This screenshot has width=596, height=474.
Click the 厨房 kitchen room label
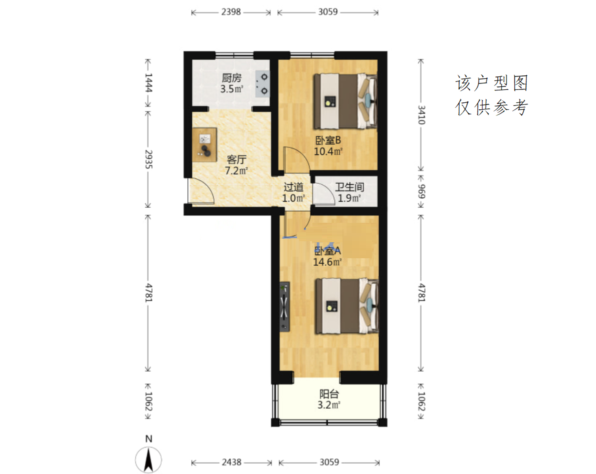coord(231,78)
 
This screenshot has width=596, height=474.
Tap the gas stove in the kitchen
coord(262,84)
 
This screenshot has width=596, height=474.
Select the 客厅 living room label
coord(236,159)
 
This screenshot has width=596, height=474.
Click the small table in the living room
coord(204,145)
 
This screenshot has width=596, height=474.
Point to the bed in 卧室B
coord(345,101)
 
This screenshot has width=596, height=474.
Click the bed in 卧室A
coord(346,307)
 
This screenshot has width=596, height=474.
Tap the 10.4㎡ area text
coord(328,151)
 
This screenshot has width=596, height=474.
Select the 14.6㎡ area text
coord(327,262)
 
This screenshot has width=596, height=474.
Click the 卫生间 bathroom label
coord(349,187)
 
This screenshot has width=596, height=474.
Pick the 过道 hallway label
coord(293,187)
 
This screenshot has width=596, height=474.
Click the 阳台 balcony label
coord(329,394)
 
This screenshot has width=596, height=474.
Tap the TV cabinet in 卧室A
coord(284,307)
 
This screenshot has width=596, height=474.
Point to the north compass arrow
coord(148,460)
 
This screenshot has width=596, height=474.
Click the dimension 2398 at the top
coord(231,12)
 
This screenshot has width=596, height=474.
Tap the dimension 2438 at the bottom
coord(232,462)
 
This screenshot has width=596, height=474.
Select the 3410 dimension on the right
coord(421,115)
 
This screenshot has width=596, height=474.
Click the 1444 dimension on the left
coord(148,82)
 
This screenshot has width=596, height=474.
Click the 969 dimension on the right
coord(421,191)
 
